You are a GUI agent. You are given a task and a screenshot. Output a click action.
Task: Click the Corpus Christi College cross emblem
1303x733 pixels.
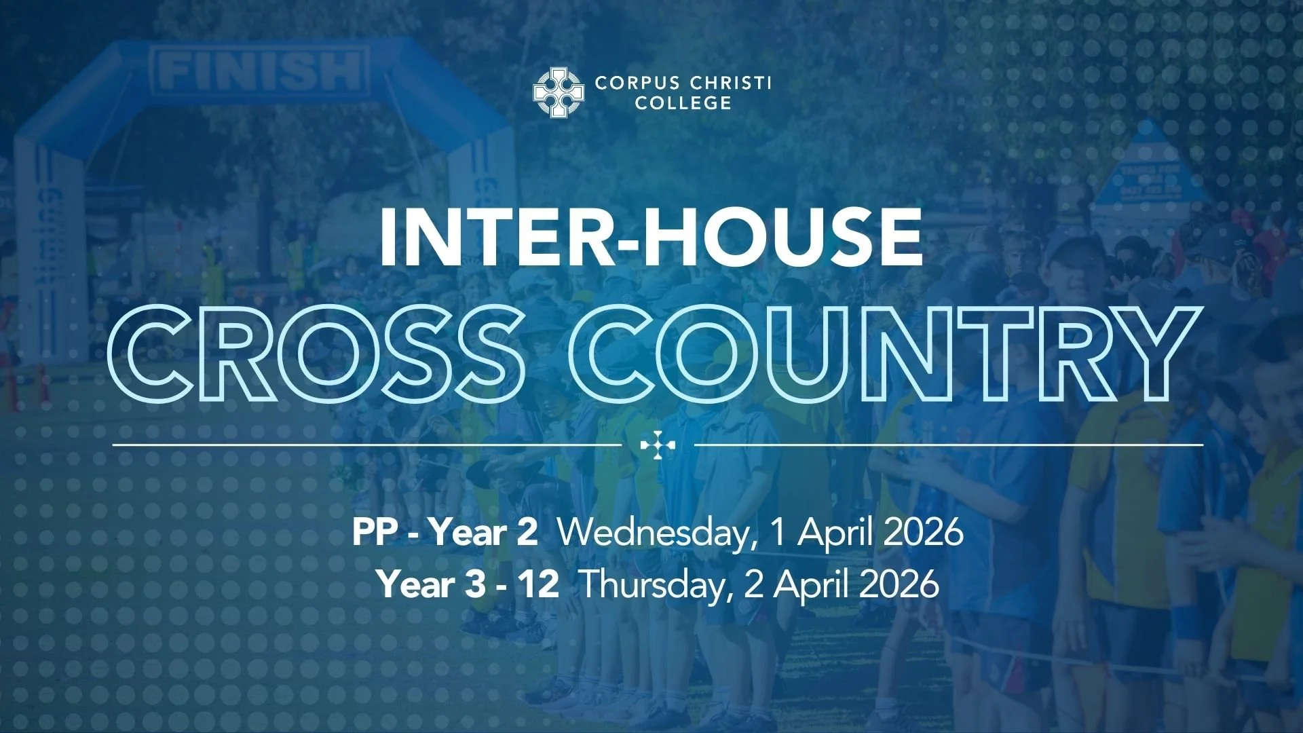(559, 92)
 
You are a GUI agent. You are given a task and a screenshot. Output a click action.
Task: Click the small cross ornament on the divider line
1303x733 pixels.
(658, 445)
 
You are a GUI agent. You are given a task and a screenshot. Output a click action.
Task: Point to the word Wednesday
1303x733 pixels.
(651, 532)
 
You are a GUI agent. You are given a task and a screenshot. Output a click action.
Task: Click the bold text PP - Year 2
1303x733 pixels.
(445, 532)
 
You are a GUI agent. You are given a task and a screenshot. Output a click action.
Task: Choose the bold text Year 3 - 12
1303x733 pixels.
(469, 584)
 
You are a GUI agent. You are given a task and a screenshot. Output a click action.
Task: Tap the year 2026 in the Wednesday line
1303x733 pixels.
(923, 532)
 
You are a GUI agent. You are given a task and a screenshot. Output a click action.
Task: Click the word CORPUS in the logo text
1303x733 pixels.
(637, 83)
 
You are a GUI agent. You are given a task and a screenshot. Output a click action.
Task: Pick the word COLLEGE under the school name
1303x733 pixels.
(683, 103)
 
